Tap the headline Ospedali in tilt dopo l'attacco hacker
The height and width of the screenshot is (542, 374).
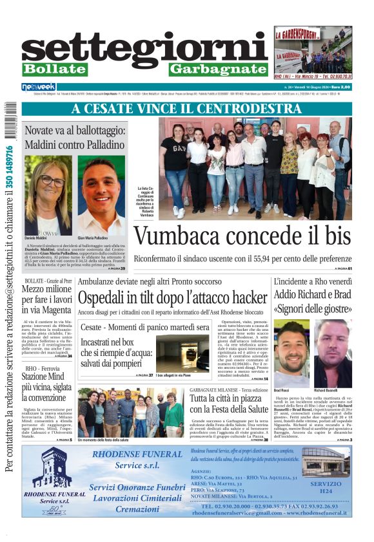coord(172,298)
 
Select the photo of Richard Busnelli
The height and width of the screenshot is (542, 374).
coord(333,353)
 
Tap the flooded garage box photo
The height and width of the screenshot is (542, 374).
coord(182,353)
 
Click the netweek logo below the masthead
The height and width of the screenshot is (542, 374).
coord(39,87)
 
